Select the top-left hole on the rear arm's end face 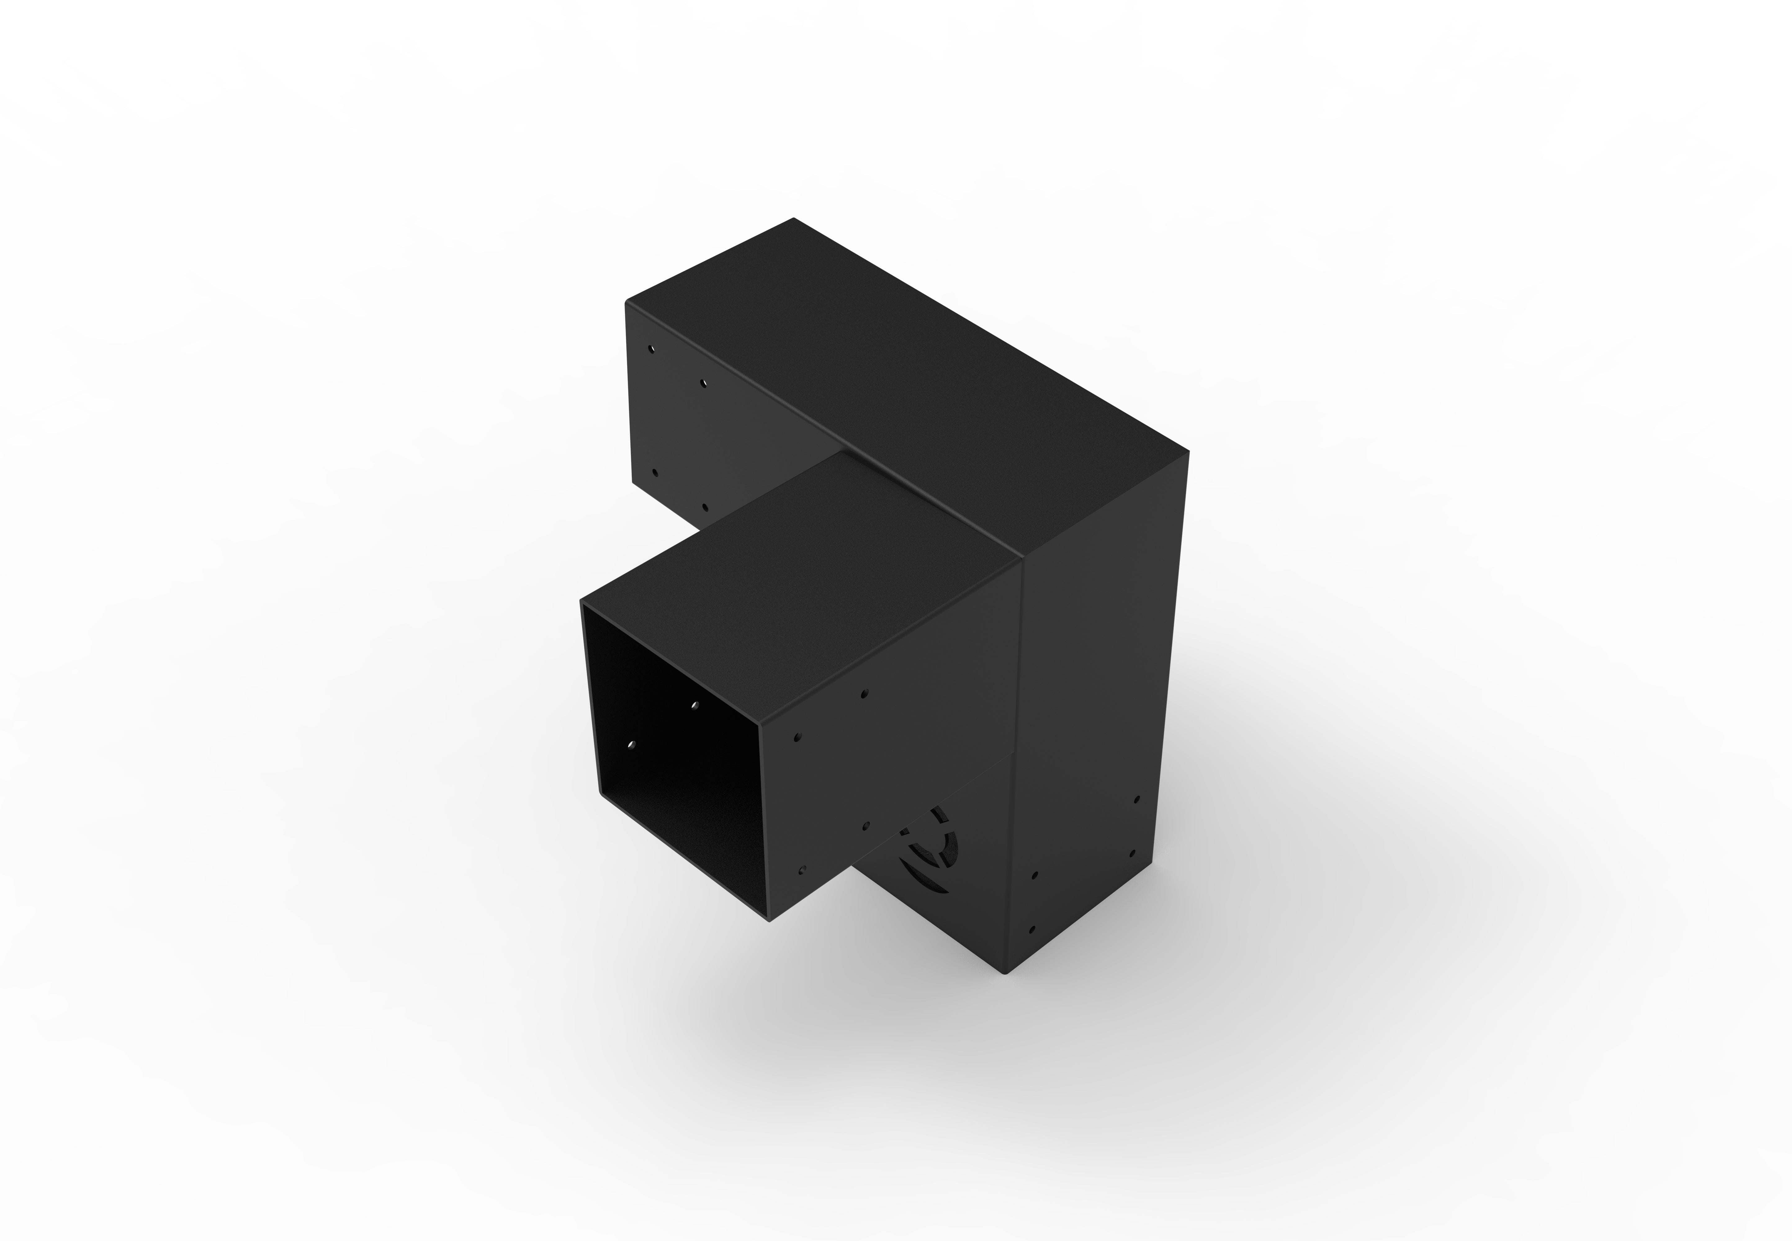coord(652,349)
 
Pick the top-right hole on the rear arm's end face coord(703,383)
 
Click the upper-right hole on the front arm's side coord(865,693)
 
